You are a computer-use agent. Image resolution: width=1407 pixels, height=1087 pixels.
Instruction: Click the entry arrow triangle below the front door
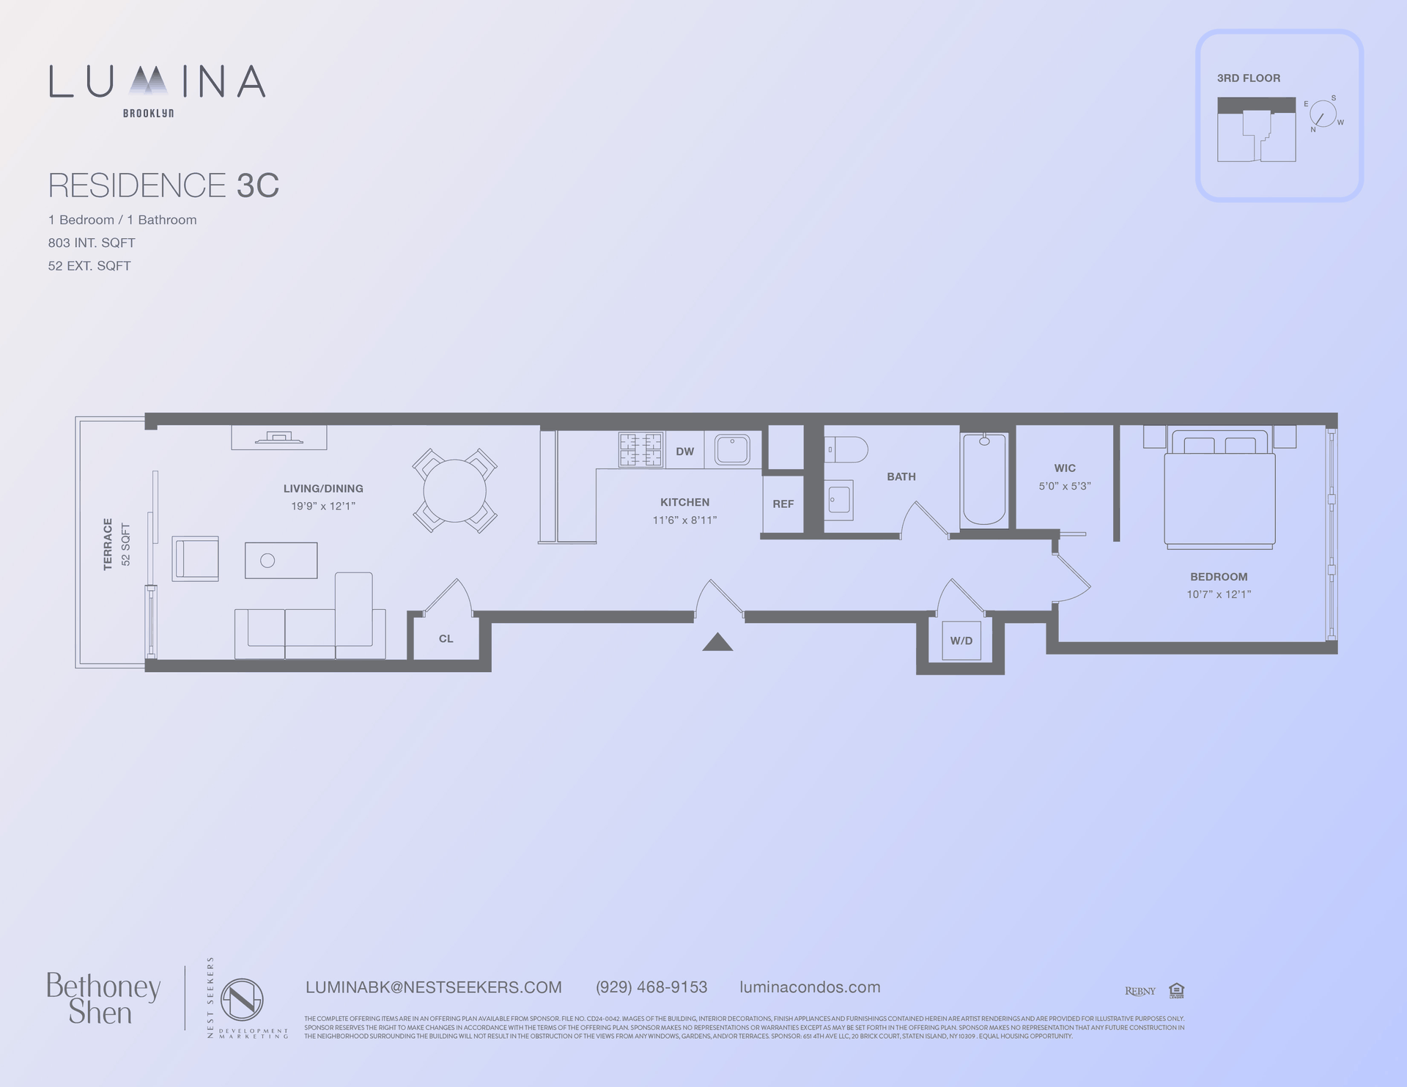(x=717, y=643)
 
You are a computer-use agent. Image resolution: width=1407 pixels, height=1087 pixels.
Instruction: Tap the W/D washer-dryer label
(x=961, y=641)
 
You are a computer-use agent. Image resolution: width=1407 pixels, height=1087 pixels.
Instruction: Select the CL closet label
(x=446, y=638)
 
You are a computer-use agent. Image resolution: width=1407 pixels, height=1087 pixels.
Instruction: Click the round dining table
(x=454, y=490)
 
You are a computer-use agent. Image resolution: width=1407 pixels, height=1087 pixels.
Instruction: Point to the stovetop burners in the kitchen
(x=640, y=449)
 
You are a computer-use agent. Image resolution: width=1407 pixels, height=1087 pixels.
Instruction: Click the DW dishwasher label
(x=684, y=452)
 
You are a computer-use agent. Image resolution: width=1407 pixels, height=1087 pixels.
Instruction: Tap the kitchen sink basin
(x=732, y=450)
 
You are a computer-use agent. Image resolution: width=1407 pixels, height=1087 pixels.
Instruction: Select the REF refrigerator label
(x=783, y=504)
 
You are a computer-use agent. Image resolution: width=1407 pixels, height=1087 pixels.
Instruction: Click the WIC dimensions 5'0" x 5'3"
(x=1064, y=486)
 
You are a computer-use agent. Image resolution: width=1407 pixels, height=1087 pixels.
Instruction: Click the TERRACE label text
(x=108, y=544)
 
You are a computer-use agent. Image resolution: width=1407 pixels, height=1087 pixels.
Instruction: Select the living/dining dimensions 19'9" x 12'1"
(x=323, y=506)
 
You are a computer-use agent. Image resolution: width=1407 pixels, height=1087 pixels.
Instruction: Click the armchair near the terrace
(x=196, y=559)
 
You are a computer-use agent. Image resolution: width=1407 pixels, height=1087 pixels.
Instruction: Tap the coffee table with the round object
(x=281, y=560)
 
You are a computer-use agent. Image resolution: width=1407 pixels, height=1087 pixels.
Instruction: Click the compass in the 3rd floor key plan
(x=1323, y=114)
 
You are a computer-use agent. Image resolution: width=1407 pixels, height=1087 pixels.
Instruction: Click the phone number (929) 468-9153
(x=651, y=987)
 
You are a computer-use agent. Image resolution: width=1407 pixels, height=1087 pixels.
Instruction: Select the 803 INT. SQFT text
(x=92, y=243)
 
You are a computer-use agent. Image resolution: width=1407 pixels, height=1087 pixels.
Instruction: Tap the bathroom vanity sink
(x=838, y=500)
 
